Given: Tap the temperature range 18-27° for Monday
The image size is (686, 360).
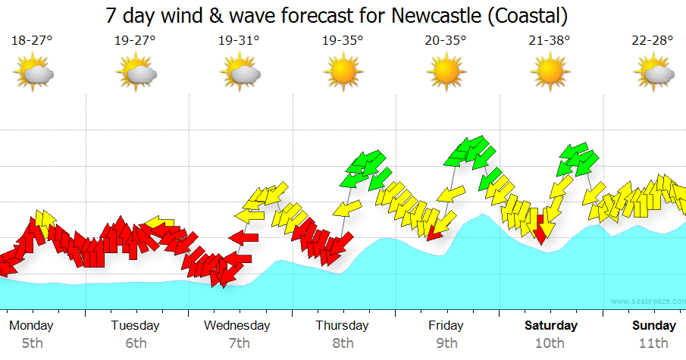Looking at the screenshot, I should pyautogui.click(x=32, y=41).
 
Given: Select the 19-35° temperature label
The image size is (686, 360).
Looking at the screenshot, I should pyautogui.click(x=342, y=41).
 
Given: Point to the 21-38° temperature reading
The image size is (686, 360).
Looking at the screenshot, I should pyautogui.click(x=550, y=41).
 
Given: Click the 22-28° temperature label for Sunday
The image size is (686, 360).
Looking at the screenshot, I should pyautogui.click(x=653, y=41).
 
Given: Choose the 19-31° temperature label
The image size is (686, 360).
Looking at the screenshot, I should pyautogui.click(x=239, y=41).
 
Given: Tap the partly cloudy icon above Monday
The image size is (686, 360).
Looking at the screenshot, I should pyautogui.click(x=33, y=74).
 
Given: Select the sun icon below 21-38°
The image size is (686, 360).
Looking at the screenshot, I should pyautogui.click(x=549, y=73).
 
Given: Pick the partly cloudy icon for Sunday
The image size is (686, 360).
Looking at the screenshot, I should pyautogui.click(x=653, y=74).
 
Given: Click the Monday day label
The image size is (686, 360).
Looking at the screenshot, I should pyautogui.click(x=31, y=326).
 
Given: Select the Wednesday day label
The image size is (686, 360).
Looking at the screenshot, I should pyautogui.click(x=237, y=326).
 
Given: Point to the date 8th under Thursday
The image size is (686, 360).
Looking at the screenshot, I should pyautogui.click(x=343, y=343).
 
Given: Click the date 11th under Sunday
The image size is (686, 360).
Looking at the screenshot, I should pyautogui.click(x=653, y=343).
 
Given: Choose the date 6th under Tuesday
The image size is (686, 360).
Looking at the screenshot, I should pyautogui.click(x=136, y=343).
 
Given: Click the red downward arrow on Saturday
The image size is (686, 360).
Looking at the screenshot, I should pyautogui.click(x=540, y=228).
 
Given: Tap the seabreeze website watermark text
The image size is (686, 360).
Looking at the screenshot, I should pyautogui.click(x=647, y=301).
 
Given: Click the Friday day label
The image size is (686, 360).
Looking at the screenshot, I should pyautogui.click(x=446, y=326).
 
